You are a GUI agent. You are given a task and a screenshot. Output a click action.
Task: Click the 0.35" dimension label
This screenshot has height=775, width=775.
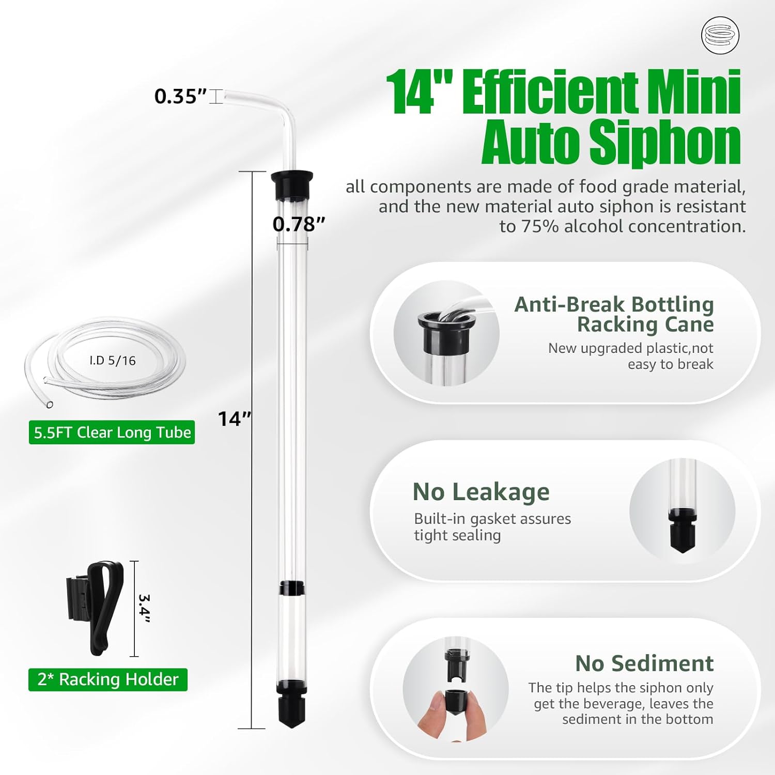[180, 97]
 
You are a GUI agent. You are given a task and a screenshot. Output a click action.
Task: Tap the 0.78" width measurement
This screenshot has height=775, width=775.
[299, 224]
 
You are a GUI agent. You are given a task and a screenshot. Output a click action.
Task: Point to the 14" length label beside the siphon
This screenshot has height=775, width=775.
[234, 419]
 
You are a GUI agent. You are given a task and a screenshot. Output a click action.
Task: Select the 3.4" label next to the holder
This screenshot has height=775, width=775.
[144, 609]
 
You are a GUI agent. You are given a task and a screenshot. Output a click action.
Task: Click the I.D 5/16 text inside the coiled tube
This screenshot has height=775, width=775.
[113, 361]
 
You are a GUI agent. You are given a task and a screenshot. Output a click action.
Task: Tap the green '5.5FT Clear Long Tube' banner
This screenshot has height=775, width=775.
[112, 432]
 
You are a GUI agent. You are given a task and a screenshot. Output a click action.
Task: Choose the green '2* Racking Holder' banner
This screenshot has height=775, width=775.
[108, 679]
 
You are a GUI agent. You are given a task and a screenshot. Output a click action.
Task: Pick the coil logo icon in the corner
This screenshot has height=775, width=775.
[720, 36]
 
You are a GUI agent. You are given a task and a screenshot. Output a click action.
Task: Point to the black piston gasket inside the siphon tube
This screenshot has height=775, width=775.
[291, 588]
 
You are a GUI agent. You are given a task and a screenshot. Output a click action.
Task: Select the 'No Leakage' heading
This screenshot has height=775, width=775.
[481, 492]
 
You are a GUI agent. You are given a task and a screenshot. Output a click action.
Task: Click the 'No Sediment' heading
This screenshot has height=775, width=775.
[644, 663]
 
